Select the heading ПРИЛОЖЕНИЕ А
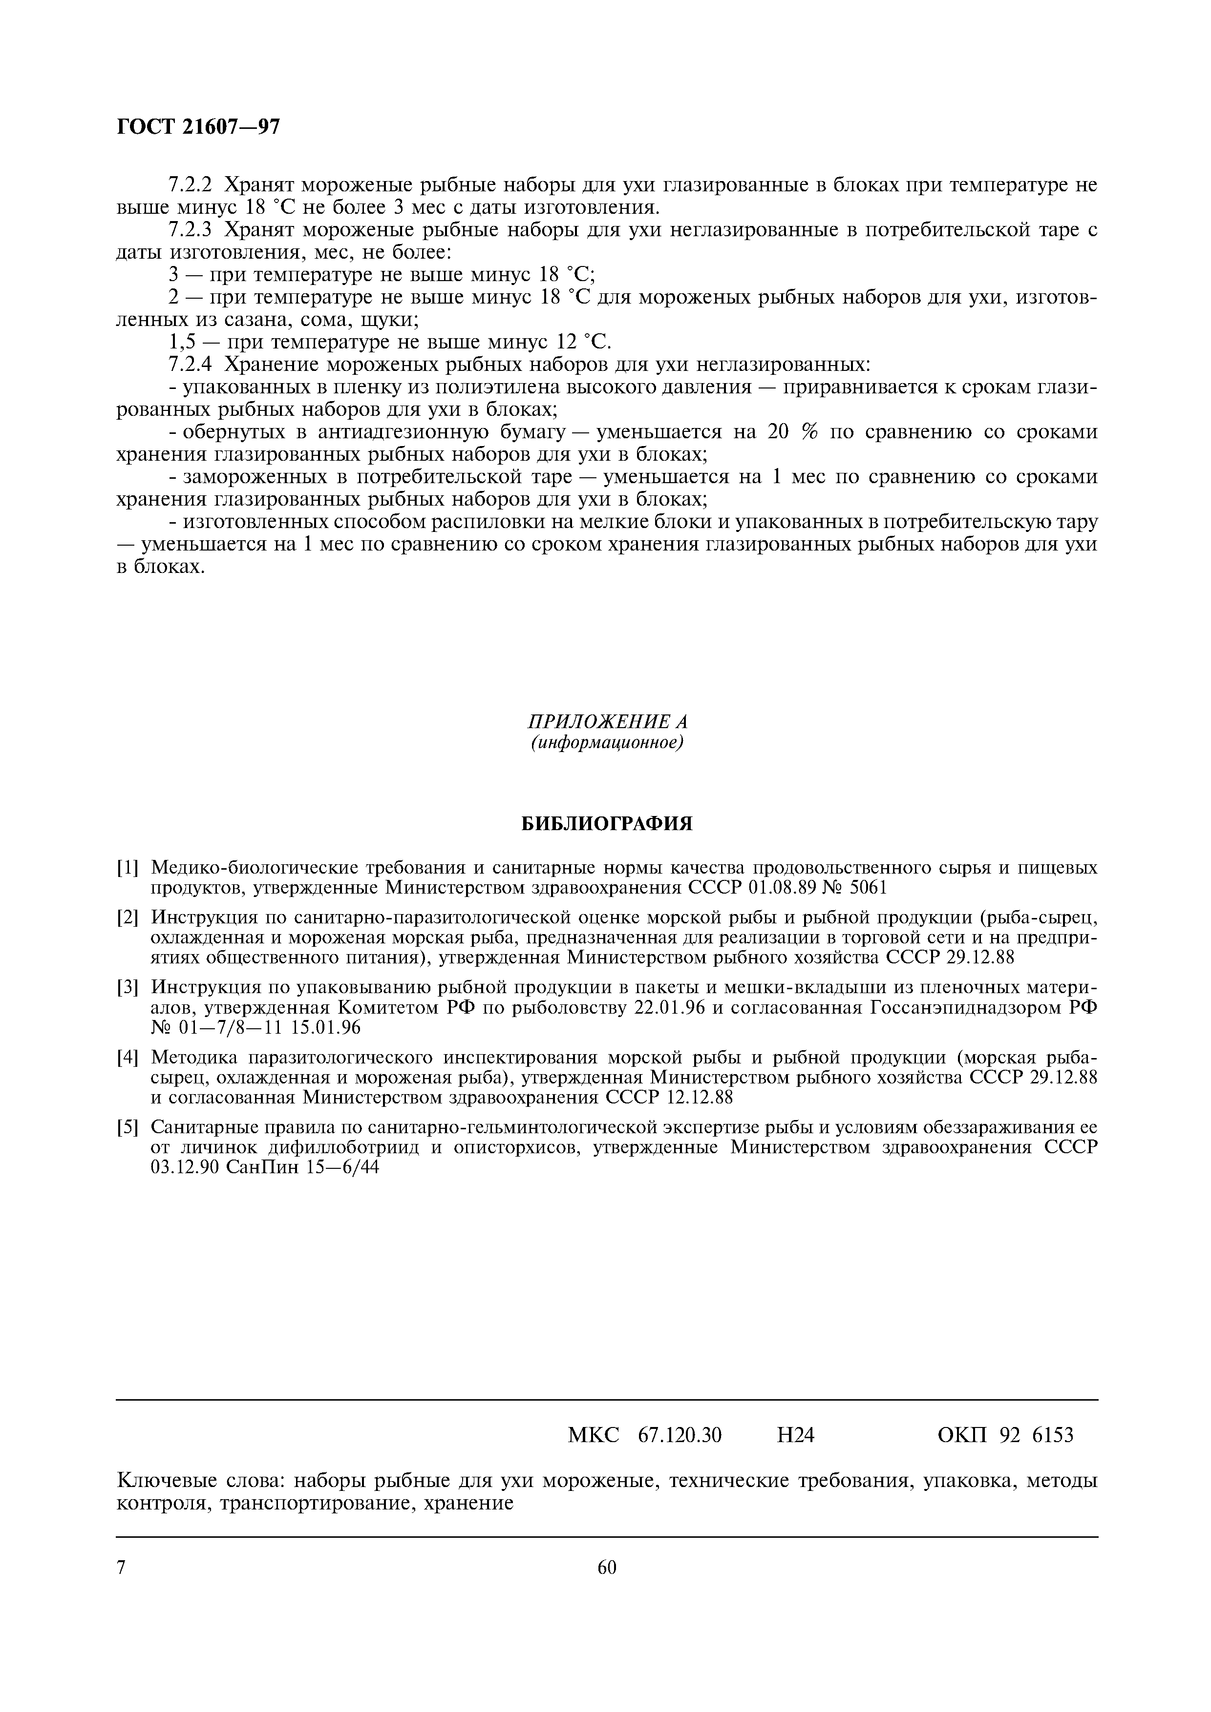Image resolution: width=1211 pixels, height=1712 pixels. coord(607,722)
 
